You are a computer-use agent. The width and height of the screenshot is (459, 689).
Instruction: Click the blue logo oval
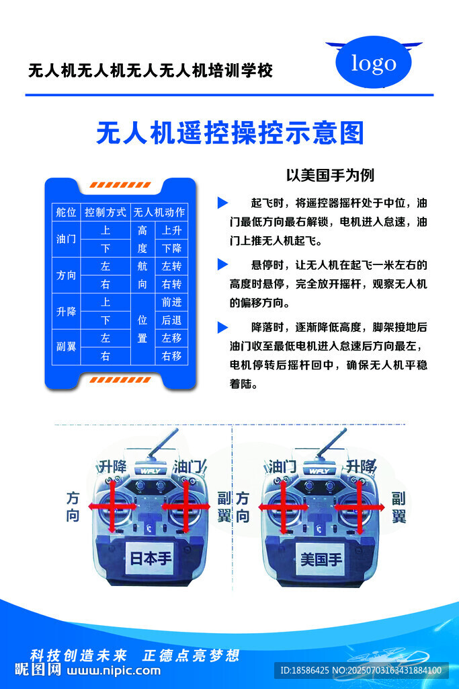pyautogui.click(x=374, y=63)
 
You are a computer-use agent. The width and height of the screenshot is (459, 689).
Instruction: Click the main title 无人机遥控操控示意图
pyautogui.click(x=230, y=133)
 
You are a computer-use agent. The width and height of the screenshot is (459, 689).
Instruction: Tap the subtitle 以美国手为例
pyautogui.click(x=330, y=176)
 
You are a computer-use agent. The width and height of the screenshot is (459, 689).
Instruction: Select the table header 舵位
pyautogui.click(x=66, y=212)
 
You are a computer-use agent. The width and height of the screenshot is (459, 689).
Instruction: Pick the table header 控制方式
pyautogui.click(x=106, y=212)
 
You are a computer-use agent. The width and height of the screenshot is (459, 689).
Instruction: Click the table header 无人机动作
pyautogui.click(x=159, y=212)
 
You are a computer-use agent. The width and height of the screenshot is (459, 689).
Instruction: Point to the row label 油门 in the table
pyautogui.click(x=66, y=240)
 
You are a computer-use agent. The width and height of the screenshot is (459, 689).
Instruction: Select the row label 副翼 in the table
pyautogui.click(x=66, y=347)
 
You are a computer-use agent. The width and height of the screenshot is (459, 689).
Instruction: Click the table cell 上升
pyautogui.click(x=172, y=230)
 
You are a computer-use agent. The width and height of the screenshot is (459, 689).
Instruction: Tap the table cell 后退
pyautogui.click(x=172, y=320)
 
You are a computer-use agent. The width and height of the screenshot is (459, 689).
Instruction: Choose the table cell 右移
pyautogui.click(x=172, y=356)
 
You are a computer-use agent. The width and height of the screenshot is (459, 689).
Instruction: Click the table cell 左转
pyautogui.click(x=172, y=266)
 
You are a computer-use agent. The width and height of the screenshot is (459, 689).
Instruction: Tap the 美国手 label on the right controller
pyautogui.click(x=321, y=558)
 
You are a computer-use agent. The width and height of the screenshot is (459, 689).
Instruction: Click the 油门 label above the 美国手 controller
pyautogui.click(x=282, y=466)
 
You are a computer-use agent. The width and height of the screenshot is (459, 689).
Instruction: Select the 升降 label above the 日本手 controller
pyautogui.click(x=112, y=466)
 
